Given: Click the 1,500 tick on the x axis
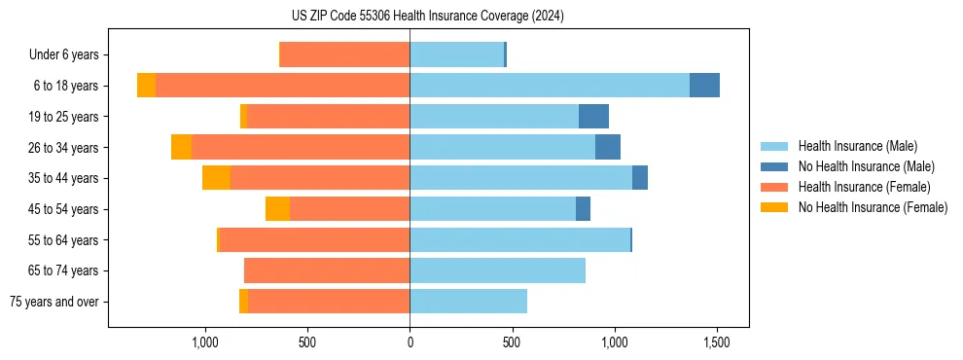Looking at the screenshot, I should pos(717,342).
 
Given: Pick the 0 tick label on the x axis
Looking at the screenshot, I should pos(410,342).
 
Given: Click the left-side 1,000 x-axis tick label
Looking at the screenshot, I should pos(204,342).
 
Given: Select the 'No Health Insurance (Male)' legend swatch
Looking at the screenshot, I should pos(775,166).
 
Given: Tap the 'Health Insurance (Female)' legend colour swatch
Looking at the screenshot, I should pos(775,187).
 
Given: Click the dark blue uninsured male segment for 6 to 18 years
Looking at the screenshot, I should pos(704,86).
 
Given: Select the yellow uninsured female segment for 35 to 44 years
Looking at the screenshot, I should pos(216,178).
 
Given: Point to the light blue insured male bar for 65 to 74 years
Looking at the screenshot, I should pos(497,270).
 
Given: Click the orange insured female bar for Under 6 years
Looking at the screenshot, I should pos(344,55).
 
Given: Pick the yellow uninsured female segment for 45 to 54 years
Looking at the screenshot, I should pos(277,209).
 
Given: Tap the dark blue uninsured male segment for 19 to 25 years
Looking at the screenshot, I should pos(593,117).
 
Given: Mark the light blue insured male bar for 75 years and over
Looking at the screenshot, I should pos(468,302).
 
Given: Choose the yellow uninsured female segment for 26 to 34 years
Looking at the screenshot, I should pos(181,148).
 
